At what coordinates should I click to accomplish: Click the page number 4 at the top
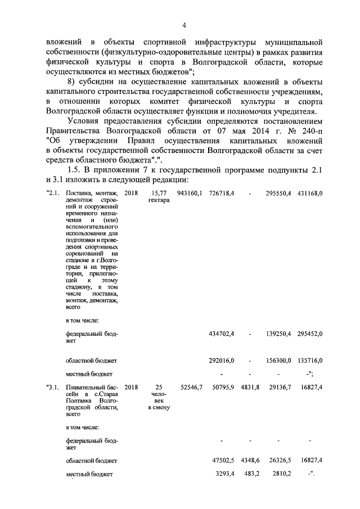click(x=183, y=24)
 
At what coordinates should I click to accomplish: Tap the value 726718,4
click(x=221, y=193)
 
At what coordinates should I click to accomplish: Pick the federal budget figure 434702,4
click(x=221, y=334)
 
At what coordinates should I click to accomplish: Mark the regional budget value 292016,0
click(x=221, y=360)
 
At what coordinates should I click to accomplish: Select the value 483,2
click(x=250, y=474)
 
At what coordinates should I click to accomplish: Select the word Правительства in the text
click(x=76, y=131)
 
